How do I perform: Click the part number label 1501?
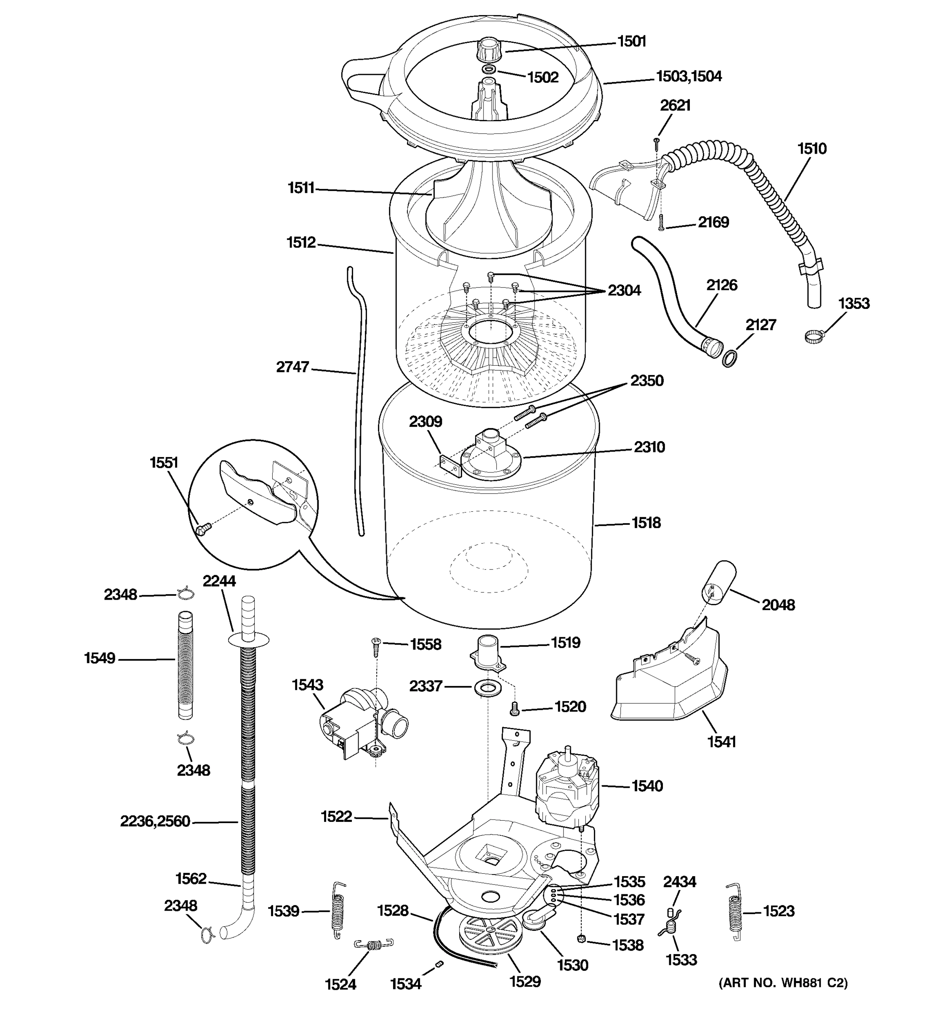coord(631,41)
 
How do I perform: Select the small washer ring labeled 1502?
coord(488,69)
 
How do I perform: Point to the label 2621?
coord(675,105)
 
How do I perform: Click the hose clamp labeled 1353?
coord(814,336)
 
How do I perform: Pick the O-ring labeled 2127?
coord(729,359)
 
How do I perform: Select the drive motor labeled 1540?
coord(566,788)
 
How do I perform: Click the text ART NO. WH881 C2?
coord(783,983)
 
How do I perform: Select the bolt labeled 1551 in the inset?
coord(202,530)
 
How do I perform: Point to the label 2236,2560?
coord(155,821)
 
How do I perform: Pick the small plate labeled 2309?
coord(450,465)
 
